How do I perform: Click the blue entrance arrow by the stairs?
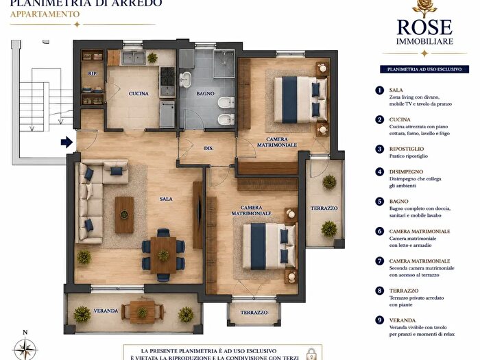pyautogui.click(x=67, y=142)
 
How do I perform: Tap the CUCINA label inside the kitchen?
pyautogui.click(x=139, y=93)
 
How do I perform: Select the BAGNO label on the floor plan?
pyautogui.click(x=205, y=93)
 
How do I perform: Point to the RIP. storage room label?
pyautogui.click(x=92, y=74)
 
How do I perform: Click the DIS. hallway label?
pyautogui.click(x=208, y=148)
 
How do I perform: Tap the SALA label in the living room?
pyautogui.click(x=166, y=199)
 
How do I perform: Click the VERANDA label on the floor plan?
pyautogui.click(x=106, y=311)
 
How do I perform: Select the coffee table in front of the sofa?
pyautogui.click(x=124, y=215)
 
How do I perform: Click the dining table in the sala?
pyautogui.click(x=163, y=255)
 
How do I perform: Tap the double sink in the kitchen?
pyautogui.click(x=134, y=58)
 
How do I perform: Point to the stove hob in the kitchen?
pyautogui.click(x=167, y=76)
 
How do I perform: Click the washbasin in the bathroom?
pyautogui.click(x=185, y=80)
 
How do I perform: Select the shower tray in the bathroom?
pyautogui.click(x=224, y=64)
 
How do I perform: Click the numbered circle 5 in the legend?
pyautogui.click(x=380, y=202)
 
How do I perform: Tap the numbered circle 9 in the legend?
pyautogui.click(x=380, y=320)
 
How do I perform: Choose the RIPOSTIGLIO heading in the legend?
pyautogui.click(x=407, y=149)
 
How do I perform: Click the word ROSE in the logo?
pyautogui.click(x=424, y=27)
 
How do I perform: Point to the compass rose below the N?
pyautogui.click(x=25, y=349)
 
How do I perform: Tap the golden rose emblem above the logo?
pyautogui.click(x=424, y=8)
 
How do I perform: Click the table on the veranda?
pyautogui.click(x=142, y=312)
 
